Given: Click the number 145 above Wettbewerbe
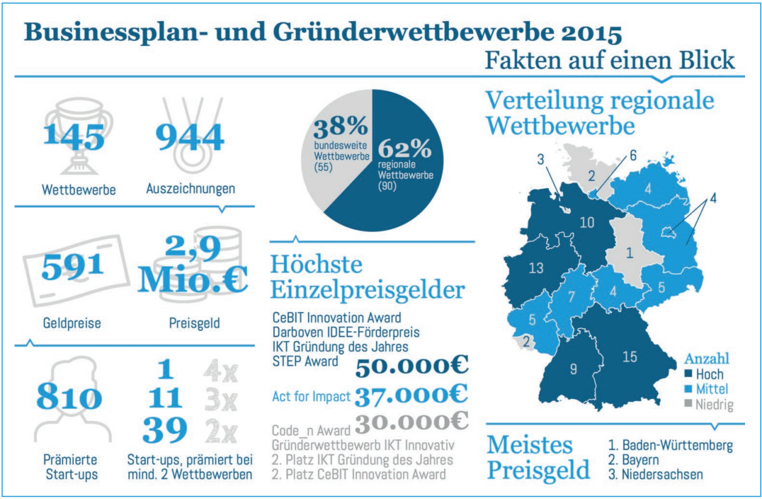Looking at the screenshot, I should (x=74, y=137).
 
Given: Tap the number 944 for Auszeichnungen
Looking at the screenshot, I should (x=190, y=137).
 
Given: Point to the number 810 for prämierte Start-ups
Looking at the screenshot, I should (x=68, y=397).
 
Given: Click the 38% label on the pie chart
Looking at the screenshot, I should (x=340, y=126).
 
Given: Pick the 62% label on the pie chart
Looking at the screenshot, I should (x=405, y=147).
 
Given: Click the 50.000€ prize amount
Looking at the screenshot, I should (x=412, y=366).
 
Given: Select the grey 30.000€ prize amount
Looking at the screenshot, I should (x=412, y=423).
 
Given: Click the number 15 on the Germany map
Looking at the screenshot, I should (x=629, y=357).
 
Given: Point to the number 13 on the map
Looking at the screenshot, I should (x=536, y=267).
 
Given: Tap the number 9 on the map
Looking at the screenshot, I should (x=573, y=368).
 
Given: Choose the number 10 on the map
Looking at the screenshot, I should (x=586, y=222).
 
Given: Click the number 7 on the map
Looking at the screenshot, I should (x=571, y=297).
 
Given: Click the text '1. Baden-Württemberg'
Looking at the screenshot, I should (x=670, y=446).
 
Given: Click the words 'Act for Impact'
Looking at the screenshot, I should (x=311, y=397).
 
